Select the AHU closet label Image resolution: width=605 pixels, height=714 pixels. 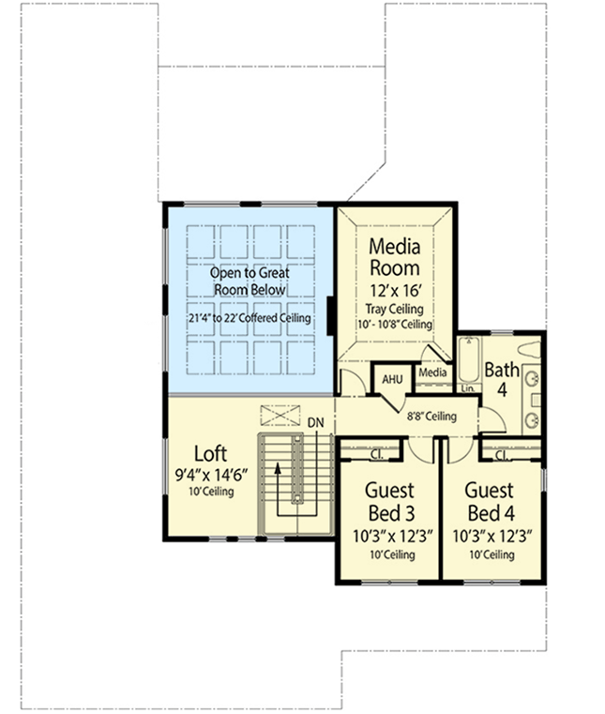[x=391, y=378]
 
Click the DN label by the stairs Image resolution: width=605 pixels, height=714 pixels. [x=315, y=423]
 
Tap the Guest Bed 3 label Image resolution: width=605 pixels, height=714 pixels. [x=387, y=502]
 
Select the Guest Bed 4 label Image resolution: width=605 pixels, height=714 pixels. [x=490, y=502]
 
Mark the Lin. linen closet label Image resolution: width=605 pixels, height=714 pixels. [x=468, y=387]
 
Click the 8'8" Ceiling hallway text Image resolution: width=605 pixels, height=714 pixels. [x=431, y=416]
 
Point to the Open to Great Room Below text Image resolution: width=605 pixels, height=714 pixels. [x=249, y=281]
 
